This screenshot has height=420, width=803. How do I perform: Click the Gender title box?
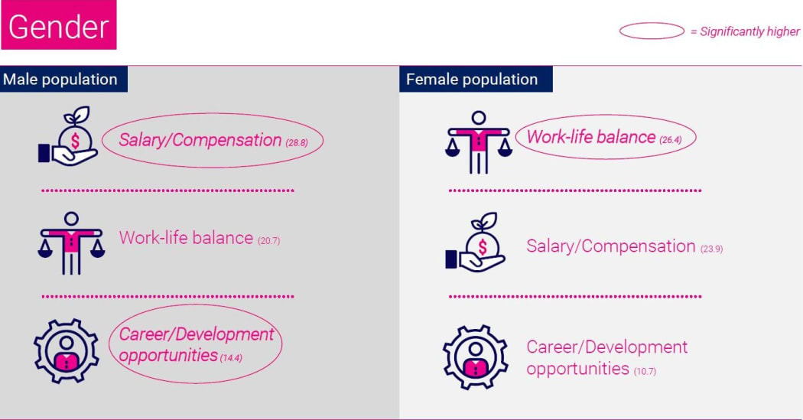(59, 27)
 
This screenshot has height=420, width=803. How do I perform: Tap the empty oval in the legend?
(651, 31)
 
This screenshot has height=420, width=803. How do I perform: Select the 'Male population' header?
(60, 80)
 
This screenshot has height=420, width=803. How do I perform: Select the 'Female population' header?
(472, 80)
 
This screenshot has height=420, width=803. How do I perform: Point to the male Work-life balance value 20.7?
(269, 241)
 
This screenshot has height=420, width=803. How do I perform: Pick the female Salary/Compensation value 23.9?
(711, 249)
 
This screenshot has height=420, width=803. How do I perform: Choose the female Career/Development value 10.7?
(645, 372)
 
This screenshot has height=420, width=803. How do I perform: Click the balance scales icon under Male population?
(71, 243)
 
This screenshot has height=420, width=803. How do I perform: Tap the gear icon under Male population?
(67, 350)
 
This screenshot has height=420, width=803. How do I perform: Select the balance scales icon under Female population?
(479, 142)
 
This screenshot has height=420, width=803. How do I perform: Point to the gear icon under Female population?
(475, 357)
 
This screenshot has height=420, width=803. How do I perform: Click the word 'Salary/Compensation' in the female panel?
(610, 246)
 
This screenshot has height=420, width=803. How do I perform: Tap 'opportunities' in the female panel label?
(577, 369)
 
